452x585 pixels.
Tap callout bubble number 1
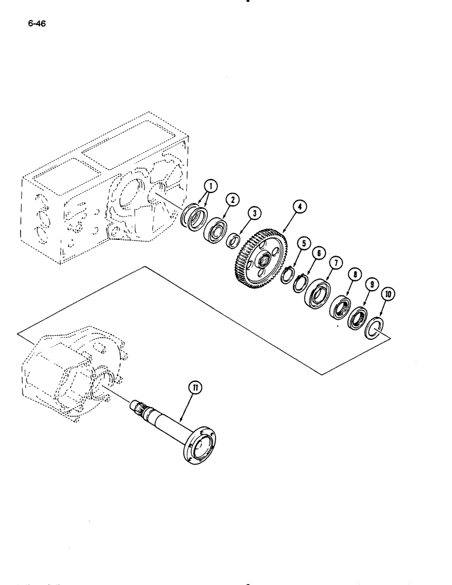click(211, 187)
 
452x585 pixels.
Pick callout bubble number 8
click(353, 274)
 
